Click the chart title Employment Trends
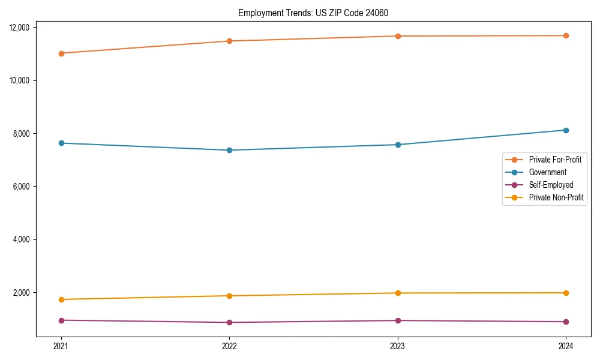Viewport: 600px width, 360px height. (317, 13)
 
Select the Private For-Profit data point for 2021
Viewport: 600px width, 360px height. (61, 53)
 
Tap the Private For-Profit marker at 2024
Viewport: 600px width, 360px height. (566, 35)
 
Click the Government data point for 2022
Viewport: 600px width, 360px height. (229, 150)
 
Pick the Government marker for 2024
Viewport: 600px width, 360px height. (566, 130)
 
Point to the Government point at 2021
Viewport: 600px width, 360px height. (61, 143)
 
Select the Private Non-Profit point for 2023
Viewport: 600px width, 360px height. (398, 293)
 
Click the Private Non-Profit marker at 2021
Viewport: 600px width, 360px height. (61, 299)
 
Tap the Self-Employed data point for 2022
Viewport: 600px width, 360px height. (229, 322)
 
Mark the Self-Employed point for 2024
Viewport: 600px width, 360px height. (566, 322)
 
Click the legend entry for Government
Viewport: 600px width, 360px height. (547, 172)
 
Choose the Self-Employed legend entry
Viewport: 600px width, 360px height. (551, 185)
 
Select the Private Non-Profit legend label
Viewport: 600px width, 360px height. (556, 197)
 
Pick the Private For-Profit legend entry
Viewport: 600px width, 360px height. (555, 160)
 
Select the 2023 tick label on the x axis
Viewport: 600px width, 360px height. (398, 346)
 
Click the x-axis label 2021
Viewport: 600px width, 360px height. (61, 346)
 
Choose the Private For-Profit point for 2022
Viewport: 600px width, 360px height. (229, 41)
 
